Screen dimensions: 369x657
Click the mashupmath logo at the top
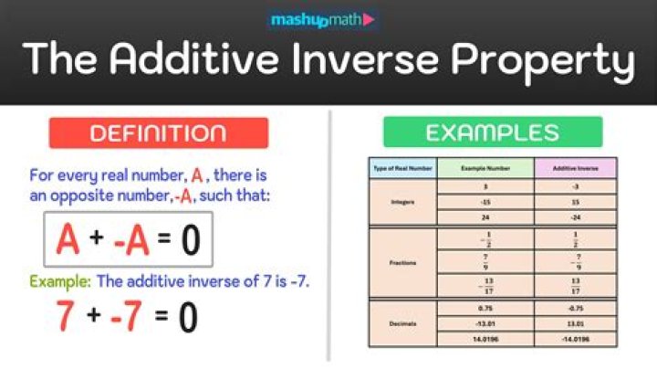[323, 18]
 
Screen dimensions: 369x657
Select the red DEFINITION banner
[159, 132]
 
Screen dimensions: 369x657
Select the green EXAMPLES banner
[492, 132]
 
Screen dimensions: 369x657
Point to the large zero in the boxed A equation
[190, 240]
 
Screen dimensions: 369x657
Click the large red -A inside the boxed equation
[131, 240]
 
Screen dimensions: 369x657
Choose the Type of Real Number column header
[401, 169]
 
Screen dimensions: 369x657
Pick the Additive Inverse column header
[575, 169]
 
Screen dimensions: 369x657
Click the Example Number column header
[485, 169]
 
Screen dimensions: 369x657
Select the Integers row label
[401, 203]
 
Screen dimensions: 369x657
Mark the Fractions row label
[401, 262]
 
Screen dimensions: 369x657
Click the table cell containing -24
[575, 218]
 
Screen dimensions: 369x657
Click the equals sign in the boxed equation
[163, 241]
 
